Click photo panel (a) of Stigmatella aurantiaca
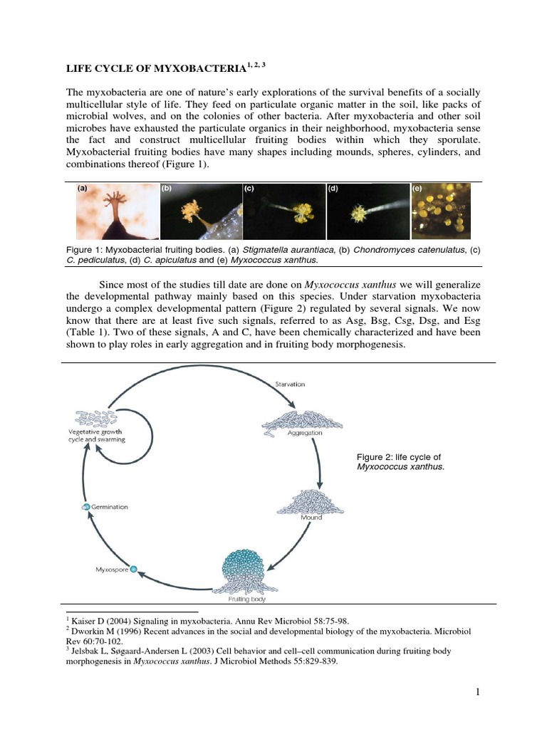(x=115, y=211)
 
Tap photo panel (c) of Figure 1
(x=283, y=211)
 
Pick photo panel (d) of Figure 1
(x=368, y=211)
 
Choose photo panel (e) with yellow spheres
(x=441, y=211)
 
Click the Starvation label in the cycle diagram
(x=290, y=384)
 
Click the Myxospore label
(x=110, y=570)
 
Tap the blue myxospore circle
(x=133, y=570)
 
